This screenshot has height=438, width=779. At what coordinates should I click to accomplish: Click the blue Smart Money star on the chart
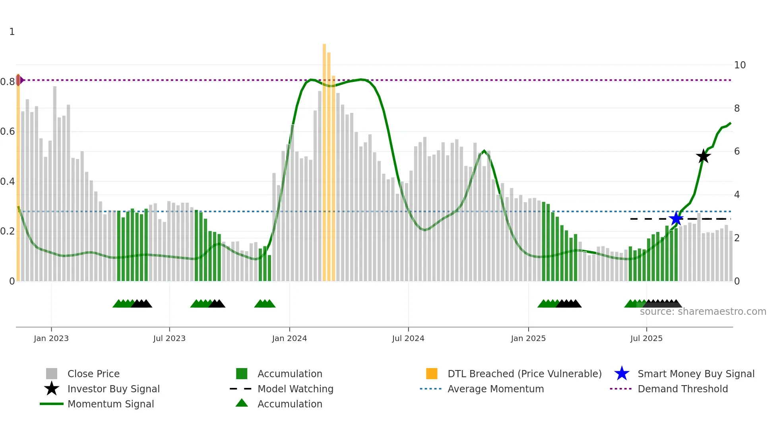[x=676, y=219]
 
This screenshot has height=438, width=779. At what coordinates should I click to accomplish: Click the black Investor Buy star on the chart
[x=703, y=156]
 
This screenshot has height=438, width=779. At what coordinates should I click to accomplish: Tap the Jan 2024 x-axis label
[x=289, y=338]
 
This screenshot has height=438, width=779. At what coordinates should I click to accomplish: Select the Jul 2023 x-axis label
[x=169, y=338]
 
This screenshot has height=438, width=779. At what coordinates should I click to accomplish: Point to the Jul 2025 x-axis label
[x=646, y=338]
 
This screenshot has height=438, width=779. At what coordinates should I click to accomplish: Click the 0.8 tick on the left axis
[x=8, y=82]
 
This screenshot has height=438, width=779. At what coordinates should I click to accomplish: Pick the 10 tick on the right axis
[x=740, y=65]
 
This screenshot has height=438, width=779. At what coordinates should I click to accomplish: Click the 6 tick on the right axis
[x=737, y=151]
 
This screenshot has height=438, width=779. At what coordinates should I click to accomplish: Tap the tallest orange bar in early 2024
[x=324, y=159]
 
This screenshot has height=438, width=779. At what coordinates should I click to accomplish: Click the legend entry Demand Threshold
[x=682, y=389]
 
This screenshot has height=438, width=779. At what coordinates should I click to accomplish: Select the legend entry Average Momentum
[x=495, y=389]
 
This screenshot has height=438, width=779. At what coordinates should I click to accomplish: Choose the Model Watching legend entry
[x=295, y=389]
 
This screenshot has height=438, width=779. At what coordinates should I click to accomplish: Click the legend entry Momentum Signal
[x=110, y=404]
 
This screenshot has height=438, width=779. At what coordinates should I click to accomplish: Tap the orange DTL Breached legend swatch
[x=432, y=374]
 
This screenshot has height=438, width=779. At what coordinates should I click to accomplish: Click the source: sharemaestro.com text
[x=703, y=312]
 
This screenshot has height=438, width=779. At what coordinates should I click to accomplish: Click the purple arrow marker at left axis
[x=21, y=80]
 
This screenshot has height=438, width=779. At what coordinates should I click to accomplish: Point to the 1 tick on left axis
[x=12, y=32]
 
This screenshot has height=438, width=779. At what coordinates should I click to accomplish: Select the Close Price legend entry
[x=93, y=374]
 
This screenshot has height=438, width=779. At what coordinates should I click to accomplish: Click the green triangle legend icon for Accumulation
[x=242, y=403]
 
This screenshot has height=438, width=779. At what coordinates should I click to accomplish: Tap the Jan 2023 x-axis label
[x=51, y=338]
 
